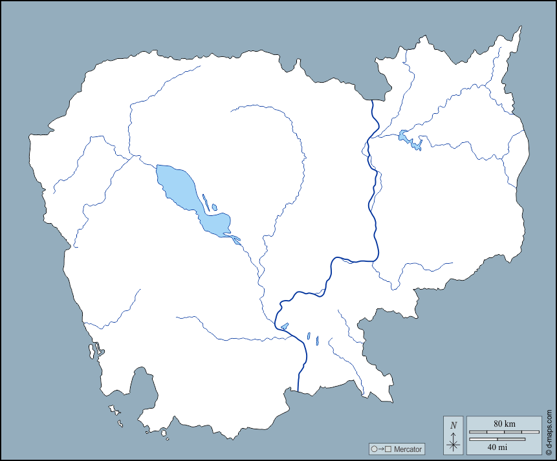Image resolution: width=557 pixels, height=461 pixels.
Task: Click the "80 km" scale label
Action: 504,423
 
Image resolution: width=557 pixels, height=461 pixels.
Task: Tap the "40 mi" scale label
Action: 497,447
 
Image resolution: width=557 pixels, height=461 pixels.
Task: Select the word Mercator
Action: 408,449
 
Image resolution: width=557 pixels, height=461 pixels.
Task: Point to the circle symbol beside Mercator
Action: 374,449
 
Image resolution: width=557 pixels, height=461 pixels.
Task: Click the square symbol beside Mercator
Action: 389,449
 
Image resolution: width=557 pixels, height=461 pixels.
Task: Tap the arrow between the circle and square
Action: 382,449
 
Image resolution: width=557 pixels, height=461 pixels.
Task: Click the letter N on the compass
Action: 453,425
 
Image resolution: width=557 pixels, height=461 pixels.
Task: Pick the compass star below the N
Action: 453,444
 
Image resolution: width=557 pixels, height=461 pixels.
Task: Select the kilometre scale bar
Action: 504,431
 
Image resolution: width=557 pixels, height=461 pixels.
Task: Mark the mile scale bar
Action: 497,440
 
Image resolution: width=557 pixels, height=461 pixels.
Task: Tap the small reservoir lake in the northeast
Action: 408,138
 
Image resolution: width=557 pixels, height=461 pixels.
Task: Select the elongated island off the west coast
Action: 92,351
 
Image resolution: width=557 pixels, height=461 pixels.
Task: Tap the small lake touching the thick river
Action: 285,326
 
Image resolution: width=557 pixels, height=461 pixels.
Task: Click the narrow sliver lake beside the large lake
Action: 206,201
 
